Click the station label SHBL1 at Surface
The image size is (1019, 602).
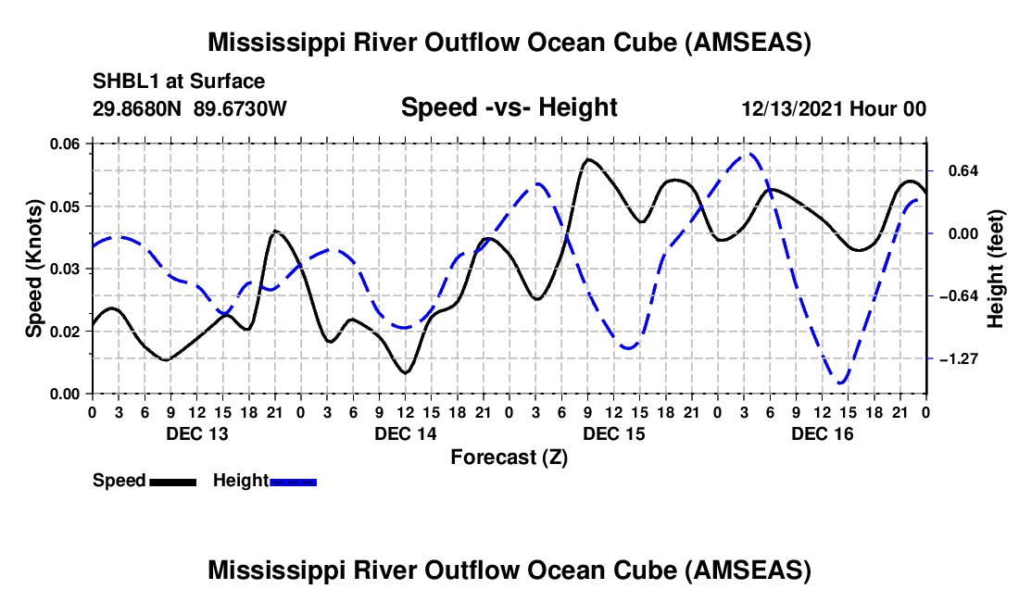pyautogui.click(x=179, y=82)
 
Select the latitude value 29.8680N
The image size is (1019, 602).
pyautogui.click(x=139, y=108)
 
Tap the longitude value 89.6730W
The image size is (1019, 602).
pyautogui.click(x=241, y=108)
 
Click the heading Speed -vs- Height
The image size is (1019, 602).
pyautogui.click(x=509, y=107)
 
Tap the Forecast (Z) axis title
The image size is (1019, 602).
pyautogui.click(x=509, y=457)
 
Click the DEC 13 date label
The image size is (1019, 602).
pyautogui.click(x=197, y=433)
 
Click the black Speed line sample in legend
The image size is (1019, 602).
pyautogui.click(x=171, y=481)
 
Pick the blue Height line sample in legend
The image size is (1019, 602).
pyautogui.click(x=293, y=481)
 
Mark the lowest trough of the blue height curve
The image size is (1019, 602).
pyautogui.click(x=841, y=382)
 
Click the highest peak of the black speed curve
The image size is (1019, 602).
pyautogui.click(x=588, y=159)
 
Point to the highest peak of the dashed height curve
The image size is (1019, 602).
pyautogui.click(x=750, y=155)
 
